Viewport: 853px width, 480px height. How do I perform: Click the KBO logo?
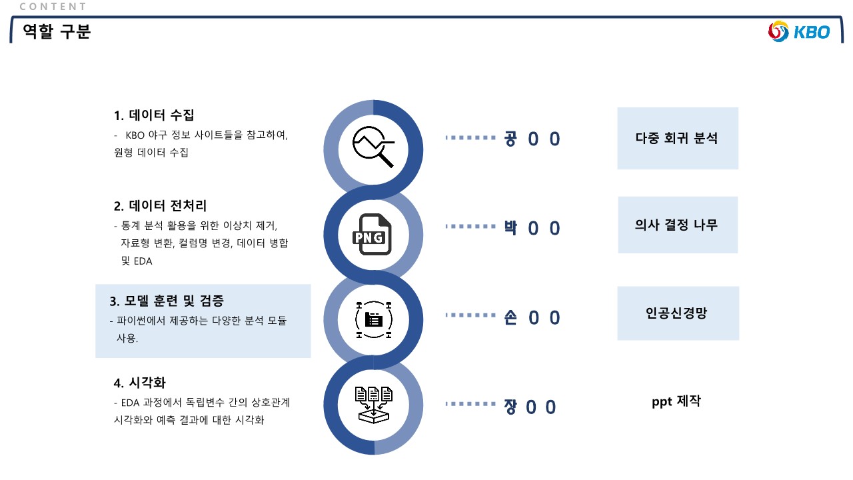[x=799, y=31]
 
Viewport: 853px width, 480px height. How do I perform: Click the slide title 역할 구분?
[x=57, y=31]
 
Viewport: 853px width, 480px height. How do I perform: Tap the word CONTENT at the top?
[x=53, y=7]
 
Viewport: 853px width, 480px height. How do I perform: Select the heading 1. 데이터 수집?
[x=154, y=115]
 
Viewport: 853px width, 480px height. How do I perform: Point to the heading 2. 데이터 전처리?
[x=160, y=205]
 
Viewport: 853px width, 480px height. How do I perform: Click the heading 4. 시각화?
[x=139, y=383]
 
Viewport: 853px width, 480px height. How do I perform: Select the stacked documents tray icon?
[x=373, y=405]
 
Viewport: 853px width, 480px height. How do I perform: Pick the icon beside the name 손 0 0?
[x=373, y=319]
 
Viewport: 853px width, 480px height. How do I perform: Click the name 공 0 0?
[x=532, y=139]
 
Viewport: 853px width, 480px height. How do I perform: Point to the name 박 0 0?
[x=532, y=228]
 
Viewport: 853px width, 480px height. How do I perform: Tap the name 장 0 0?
[x=530, y=407]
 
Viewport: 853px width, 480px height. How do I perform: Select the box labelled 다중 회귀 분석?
[x=677, y=138]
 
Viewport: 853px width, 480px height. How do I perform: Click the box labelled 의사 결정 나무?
[x=677, y=225]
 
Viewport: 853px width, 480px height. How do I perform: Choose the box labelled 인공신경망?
[x=677, y=313]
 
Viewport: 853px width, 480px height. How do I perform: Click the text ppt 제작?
[x=676, y=401]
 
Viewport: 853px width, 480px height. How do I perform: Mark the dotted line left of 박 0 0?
[x=470, y=227]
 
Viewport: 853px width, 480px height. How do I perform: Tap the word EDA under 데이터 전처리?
[x=143, y=261]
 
